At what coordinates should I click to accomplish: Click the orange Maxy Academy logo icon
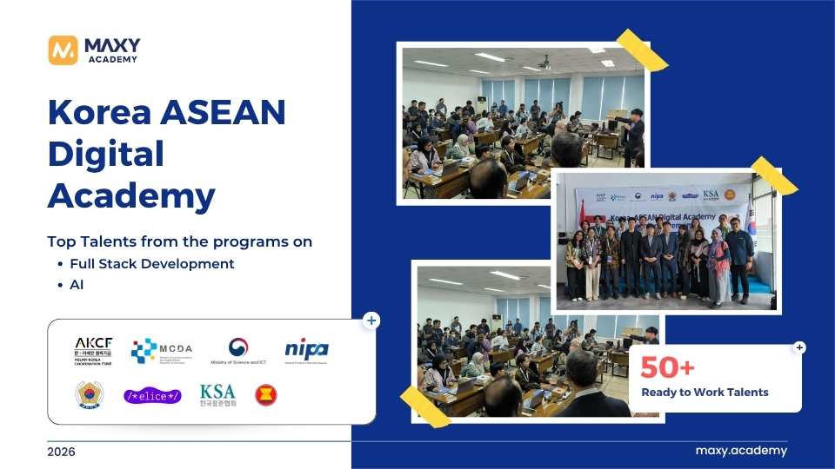coord(63,50)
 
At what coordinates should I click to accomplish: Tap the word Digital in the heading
coord(105,155)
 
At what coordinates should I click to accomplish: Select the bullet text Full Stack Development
coord(152,263)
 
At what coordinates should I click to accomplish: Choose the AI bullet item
coord(77,284)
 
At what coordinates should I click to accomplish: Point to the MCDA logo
coord(162,350)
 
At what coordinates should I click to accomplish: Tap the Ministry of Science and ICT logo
coord(237,351)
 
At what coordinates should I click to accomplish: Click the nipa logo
coord(306,349)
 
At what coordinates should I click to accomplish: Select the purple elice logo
coord(152,396)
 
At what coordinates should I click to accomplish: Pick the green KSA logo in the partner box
coord(217,395)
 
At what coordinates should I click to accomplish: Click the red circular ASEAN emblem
coord(266,396)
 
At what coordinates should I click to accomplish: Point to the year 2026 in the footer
coord(61,452)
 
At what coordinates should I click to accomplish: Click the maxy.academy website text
coord(741,451)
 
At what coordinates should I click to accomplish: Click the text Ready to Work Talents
coord(705,392)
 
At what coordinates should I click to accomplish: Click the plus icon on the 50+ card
coord(799,347)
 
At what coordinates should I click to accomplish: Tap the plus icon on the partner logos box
coord(371,320)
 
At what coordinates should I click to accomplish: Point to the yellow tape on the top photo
coord(642,50)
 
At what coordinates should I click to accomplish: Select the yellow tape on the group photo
coord(773,175)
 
